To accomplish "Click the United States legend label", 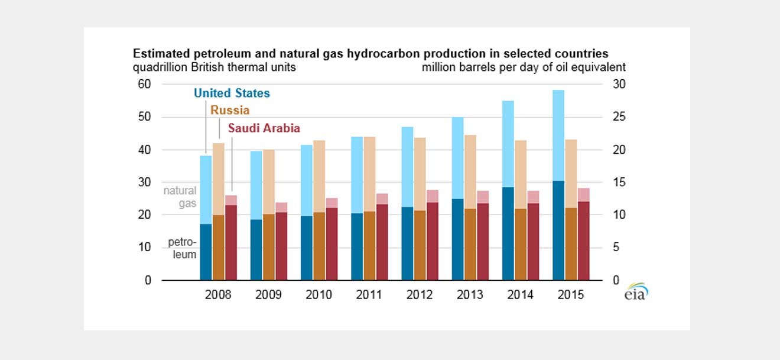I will point(232,93).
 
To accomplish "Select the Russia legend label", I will point(230,111).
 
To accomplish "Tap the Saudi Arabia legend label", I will point(264,128).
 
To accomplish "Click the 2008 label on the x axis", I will point(218,294).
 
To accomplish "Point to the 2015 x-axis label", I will point(571,294).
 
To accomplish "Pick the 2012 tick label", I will point(420,294).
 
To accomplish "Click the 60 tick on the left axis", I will point(144,85).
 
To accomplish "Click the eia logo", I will point(636,292).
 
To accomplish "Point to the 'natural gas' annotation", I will point(180,197).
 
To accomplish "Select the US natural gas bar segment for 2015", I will point(558,135).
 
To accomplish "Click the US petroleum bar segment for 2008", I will point(206,252).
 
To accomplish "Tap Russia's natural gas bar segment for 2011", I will point(370,174).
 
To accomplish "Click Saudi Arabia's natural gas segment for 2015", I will point(584,194).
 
